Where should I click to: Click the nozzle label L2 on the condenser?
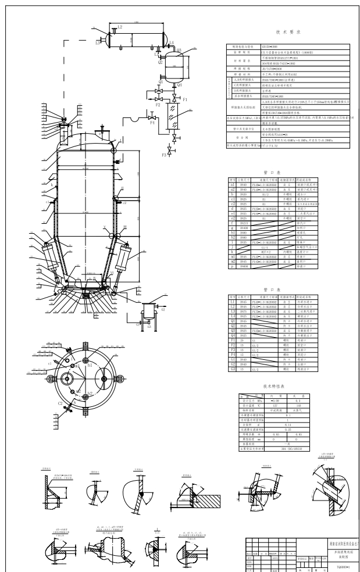tap(120, 27)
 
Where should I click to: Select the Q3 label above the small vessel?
tap(179, 51)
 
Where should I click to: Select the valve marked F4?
tap(152, 123)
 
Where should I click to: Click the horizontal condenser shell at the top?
tap(136, 37)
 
